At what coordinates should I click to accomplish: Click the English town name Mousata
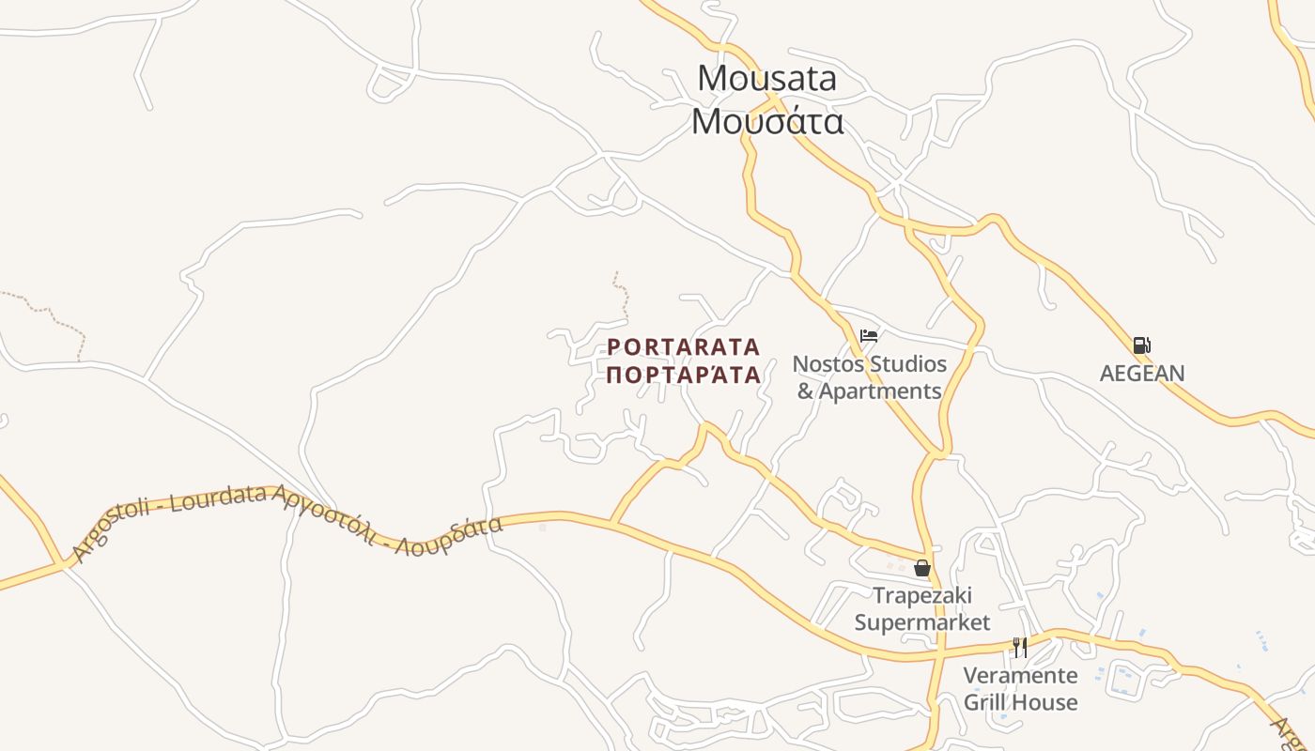pos(766,78)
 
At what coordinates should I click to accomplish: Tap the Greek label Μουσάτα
pos(766,121)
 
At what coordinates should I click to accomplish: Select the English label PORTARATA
pos(683,347)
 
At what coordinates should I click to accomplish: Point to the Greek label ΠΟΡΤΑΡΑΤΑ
pos(683,375)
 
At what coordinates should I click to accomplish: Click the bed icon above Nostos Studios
pos(869,335)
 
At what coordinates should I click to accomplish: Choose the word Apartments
pos(880,391)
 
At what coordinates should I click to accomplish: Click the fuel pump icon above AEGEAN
pos(1141,345)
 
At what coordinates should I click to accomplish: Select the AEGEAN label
pos(1142,373)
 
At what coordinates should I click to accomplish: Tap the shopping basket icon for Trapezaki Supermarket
pos(922,568)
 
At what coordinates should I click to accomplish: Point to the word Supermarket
pos(922,622)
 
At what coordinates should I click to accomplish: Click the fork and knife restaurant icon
pos(1020,647)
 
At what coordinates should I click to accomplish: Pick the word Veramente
pos(1020,675)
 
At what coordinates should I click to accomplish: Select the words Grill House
pos(1020,702)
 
